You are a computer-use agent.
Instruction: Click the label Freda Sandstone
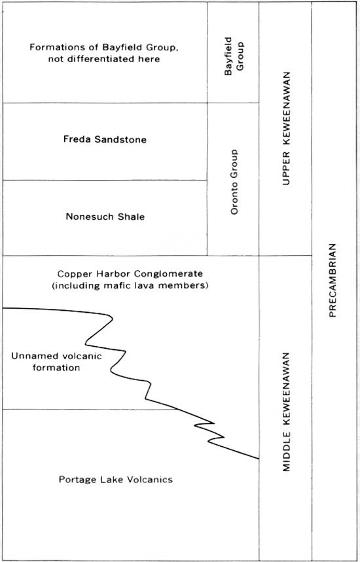point(105,139)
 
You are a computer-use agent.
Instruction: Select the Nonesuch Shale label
point(105,217)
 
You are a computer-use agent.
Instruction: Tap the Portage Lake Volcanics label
point(116,479)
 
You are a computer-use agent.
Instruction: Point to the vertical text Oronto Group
point(234,182)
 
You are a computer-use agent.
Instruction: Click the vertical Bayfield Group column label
point(234,56)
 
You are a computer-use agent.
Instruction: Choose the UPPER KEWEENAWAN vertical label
point(286,128)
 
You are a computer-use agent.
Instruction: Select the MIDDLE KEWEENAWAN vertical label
point(286,412)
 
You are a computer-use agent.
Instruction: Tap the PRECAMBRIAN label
point(333,280)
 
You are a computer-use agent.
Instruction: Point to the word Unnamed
point(29,356)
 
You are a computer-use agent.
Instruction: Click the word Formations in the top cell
point(52,47)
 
